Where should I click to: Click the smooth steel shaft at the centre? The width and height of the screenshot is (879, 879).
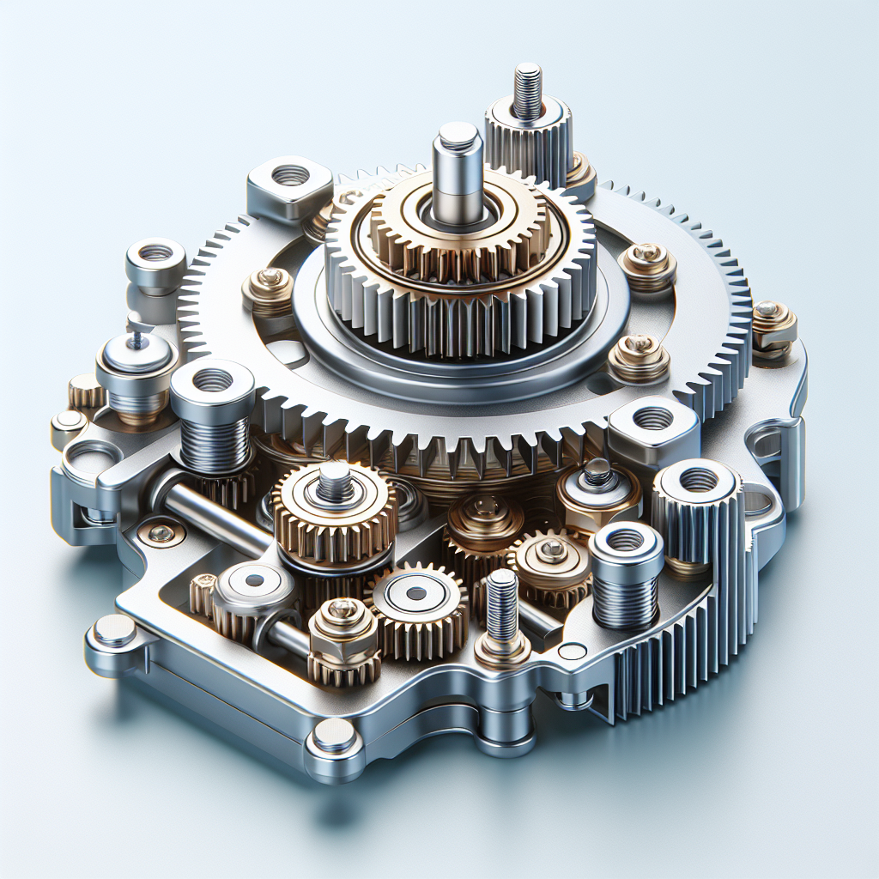pos(457,172)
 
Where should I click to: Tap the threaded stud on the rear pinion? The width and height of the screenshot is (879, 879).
pos(528,90)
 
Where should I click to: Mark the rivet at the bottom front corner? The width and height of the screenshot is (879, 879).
pos(332,736)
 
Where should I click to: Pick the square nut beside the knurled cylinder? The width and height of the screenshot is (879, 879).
pos(652,426)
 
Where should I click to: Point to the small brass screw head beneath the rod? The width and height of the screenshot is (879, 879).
pos(161,534)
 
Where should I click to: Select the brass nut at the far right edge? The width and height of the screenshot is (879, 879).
pos(773,326)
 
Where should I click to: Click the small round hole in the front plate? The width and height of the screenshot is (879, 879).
pos(571,652)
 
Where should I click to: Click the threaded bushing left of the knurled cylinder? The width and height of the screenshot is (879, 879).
pos(626,571)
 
